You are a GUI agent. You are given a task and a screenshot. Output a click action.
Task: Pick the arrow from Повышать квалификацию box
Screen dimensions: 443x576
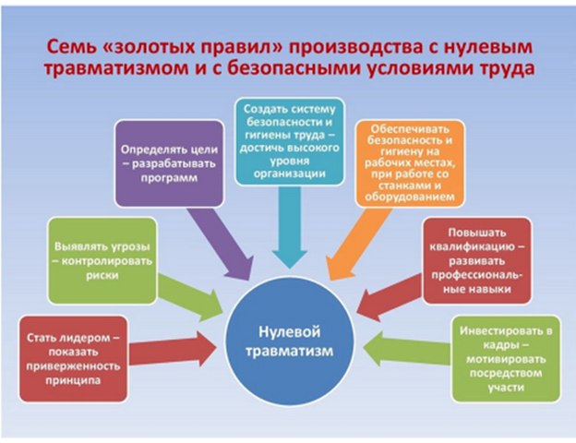point(392,300)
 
